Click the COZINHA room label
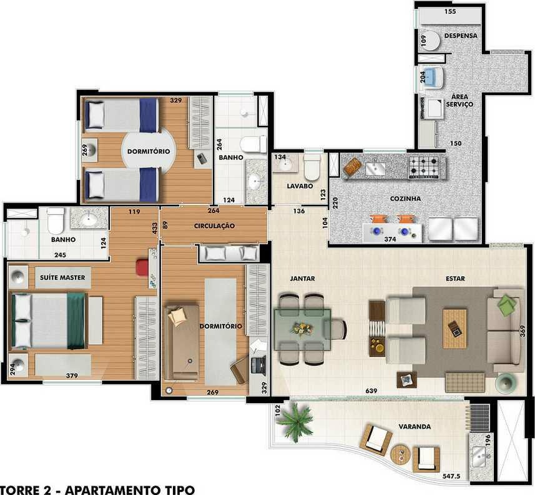click(405, 199)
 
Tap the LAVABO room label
click(300, 186)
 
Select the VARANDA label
click(415, 426)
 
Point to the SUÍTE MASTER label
click(62, 277)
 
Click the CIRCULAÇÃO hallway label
click(214, 226)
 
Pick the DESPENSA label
click(461, 36)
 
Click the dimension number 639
click(371, 391)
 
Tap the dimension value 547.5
click(451, 476)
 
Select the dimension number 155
click(450, 11)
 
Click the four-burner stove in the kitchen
click(423, 167)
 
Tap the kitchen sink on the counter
click(375, 168)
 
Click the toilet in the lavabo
click(312, 167)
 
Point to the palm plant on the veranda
click(294, 421)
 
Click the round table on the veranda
click(401, 454)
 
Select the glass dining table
click(303, 329)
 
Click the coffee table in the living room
click(455, 329)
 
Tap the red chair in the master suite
click(142, 267)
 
